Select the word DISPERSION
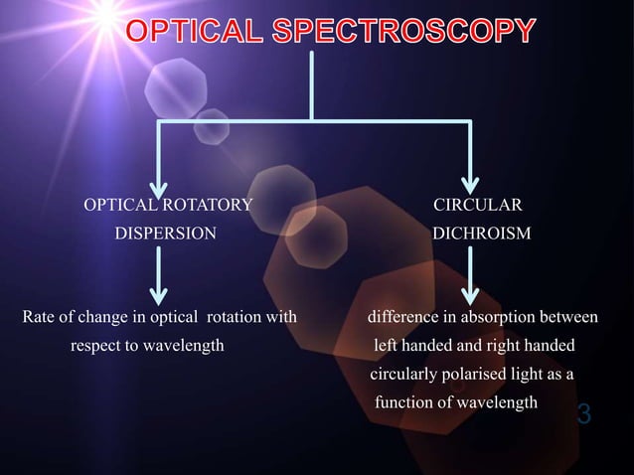(164, 235)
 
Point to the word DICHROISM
(481, 235)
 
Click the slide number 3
(583, 413)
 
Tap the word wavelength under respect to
(183, 346)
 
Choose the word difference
(403, 318)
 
